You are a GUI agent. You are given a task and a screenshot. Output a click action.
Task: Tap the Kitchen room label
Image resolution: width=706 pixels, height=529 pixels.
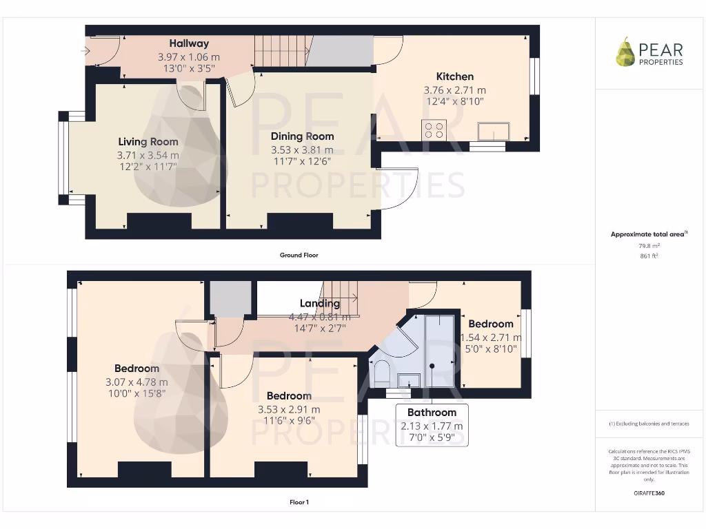point(454,76)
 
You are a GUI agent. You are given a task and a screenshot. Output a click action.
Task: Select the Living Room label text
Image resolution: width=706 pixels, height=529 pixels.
point(148,142)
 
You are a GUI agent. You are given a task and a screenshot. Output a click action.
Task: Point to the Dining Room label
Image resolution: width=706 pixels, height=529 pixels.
point(302,136)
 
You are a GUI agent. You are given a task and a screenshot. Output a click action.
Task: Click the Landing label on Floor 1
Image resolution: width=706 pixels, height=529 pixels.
point(320,303)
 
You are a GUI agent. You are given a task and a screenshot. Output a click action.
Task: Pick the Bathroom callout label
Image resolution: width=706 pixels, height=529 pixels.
point(432,413)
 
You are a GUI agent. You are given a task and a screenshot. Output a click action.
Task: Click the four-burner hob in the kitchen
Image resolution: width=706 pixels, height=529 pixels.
point(434,130)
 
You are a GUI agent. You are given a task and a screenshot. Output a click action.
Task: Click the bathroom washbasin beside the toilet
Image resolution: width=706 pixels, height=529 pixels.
point(410,380)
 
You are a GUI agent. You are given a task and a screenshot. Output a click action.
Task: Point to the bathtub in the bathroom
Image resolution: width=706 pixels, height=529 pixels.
point(439,351)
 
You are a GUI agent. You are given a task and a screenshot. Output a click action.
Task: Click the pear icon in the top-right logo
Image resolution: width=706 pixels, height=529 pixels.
point(625,52)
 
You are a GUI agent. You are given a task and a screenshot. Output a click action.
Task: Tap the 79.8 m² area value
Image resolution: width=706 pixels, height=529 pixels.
point(649,245)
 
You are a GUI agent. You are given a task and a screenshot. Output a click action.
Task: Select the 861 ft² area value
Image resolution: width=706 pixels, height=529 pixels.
point(649,256)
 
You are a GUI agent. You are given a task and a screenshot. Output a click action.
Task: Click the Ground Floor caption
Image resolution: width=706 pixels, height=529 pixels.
point(299,255)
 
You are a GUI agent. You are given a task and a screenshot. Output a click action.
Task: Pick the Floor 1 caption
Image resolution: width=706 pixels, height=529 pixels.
point(299,502)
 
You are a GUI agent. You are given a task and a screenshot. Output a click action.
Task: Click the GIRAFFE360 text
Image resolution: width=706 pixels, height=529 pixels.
point(649,493)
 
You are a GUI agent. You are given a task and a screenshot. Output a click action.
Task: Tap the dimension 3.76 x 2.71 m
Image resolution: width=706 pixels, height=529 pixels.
point(454,90)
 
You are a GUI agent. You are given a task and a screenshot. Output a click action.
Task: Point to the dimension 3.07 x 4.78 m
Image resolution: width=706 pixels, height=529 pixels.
point(137,382)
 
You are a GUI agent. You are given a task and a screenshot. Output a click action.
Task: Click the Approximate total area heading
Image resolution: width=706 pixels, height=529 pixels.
point(648,235)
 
